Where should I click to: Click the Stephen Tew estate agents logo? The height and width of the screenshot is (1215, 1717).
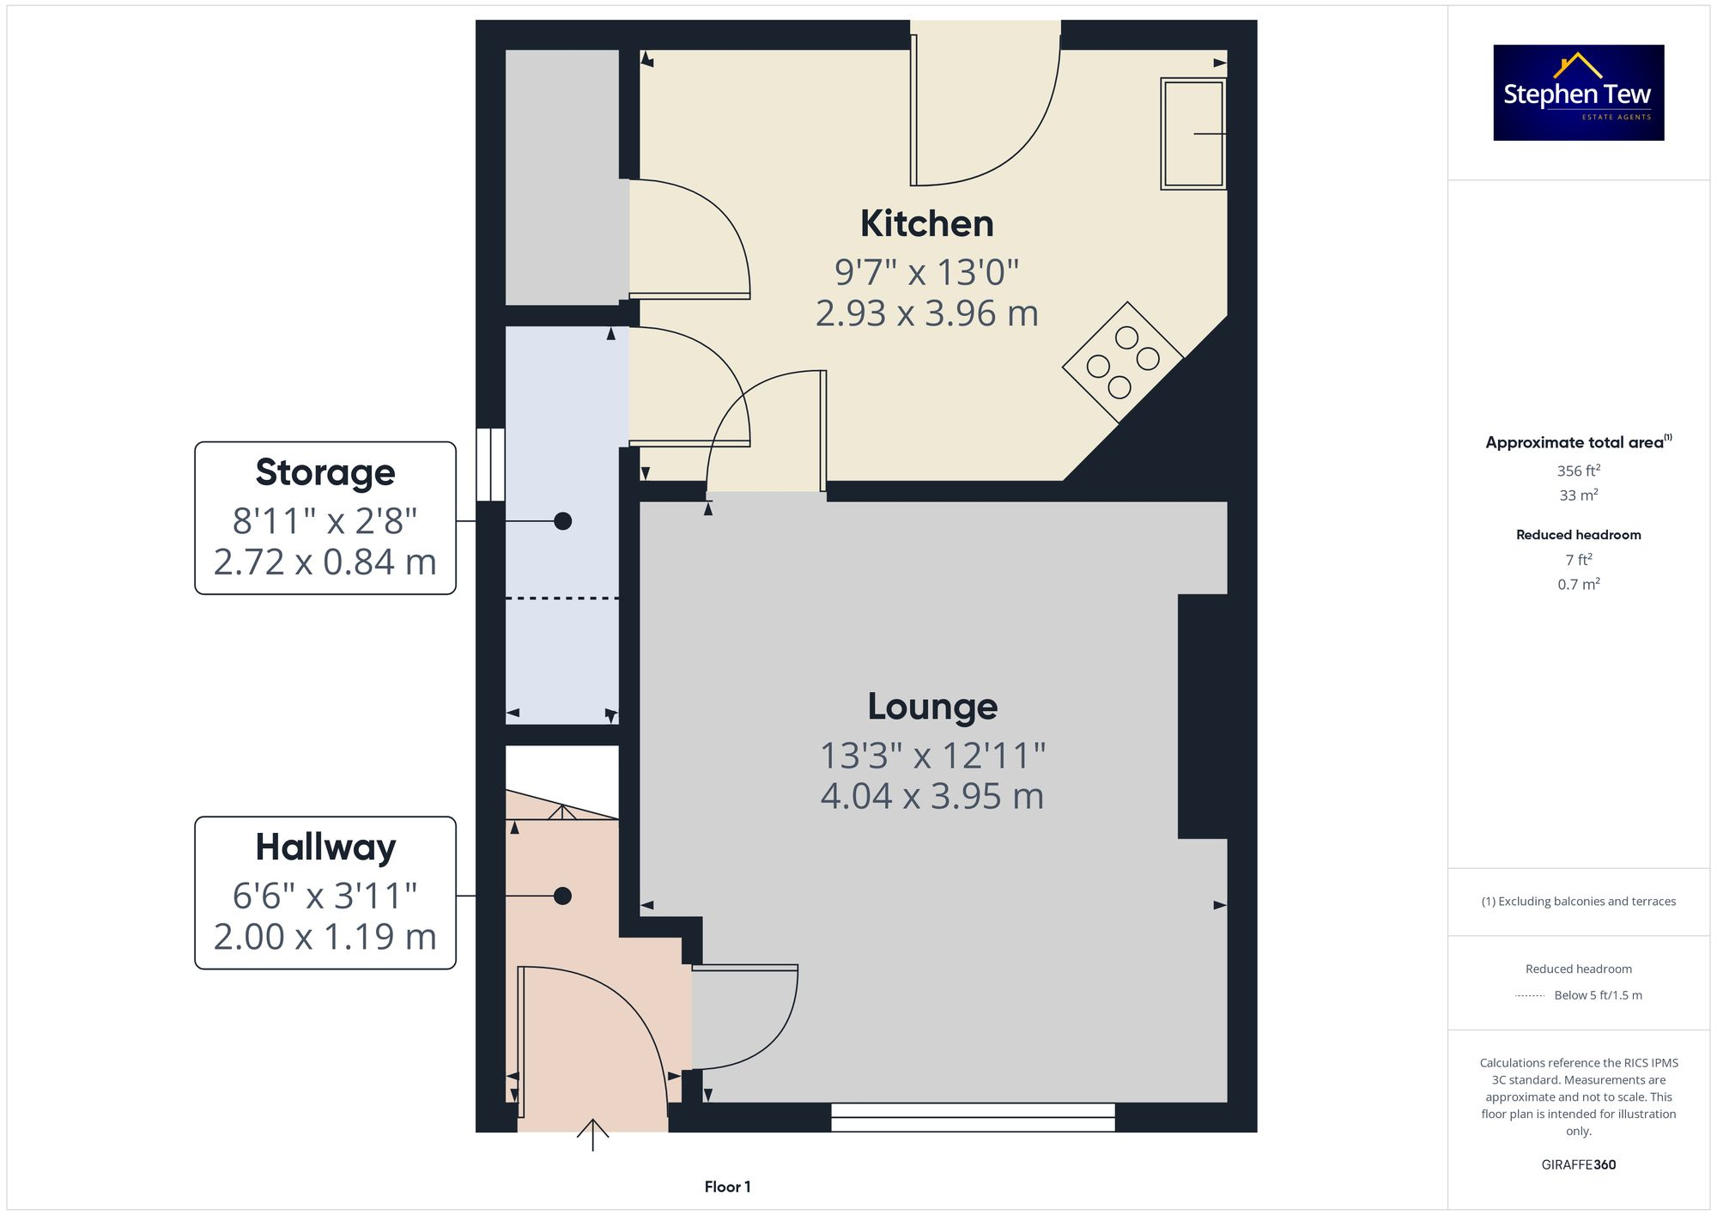[x=1578, y=93]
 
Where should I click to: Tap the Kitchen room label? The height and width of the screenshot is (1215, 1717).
[x=927, y=224]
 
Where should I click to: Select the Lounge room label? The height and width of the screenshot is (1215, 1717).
[x=932, y=707]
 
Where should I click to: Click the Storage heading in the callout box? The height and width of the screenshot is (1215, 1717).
[x=325, y=472]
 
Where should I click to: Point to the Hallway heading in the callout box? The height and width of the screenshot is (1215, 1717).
[x=325, y=847]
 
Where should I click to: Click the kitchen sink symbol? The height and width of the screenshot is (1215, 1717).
[x=1192, y=133]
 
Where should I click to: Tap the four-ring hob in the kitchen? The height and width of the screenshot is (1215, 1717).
[x=1123, y=362]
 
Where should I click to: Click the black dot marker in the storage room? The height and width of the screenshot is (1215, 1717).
[x=562, y=521]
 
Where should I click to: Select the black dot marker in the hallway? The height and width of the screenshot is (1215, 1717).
[x=562, y=896]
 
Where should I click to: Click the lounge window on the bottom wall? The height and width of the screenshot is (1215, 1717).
[x=973, y=1117]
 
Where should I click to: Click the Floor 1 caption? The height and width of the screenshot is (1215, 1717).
[x=727, y=1187]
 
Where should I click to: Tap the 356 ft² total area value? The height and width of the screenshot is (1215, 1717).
[x=1578, y=471]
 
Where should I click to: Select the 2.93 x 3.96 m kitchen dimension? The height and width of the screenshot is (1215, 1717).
[x=927, y=313]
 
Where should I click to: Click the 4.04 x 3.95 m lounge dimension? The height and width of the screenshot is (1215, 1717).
[x=932, y=797]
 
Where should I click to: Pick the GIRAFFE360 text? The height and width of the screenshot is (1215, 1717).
[x=1578, y=1165]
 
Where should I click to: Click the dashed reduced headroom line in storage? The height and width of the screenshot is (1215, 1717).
[x=562, y=598]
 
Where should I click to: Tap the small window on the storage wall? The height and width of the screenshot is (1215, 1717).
[x=491, y=465]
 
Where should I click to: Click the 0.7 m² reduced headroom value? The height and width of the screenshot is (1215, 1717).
[x=1578, y=585]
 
